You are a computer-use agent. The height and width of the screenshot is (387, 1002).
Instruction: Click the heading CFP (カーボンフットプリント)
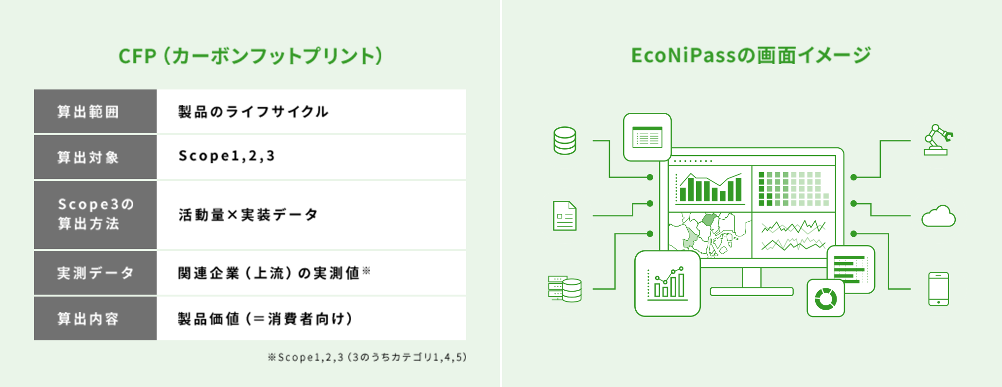(x=250, y=56)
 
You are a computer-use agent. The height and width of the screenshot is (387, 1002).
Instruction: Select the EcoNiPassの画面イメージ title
(x=751, y=55)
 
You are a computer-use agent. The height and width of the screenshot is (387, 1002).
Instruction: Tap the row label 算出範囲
(x=88, y=112)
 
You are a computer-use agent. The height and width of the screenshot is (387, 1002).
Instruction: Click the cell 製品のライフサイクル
(x=253, y=112)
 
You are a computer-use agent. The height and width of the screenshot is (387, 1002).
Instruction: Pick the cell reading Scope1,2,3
(x=227, y=156)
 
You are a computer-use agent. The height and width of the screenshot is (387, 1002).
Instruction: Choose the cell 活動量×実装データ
(x=248, y=214)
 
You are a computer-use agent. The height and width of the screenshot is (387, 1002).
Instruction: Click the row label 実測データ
(x=95, y=273)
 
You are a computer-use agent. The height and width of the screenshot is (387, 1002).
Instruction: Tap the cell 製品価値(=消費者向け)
(x=265, y=319)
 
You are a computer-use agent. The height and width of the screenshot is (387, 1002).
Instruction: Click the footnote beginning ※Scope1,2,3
(x=367, y=357)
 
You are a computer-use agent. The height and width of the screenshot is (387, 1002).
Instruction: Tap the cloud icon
(x=938, y=216)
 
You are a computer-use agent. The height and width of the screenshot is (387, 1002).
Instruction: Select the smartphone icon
(x=938, y=289)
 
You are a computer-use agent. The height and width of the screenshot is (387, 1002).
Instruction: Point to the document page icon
(x=565, y=216)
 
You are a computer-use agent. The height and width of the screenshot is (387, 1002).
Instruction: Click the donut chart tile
(x=825, y=298)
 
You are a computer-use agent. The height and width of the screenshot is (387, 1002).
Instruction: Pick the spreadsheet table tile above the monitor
(x=647, y=137)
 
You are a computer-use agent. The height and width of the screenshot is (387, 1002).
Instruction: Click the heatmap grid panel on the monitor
(x=794, y=189)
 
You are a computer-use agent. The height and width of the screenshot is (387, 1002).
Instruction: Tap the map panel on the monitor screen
(x=710, y=235)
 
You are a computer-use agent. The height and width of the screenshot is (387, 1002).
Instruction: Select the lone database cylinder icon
(x=565, y=141)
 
